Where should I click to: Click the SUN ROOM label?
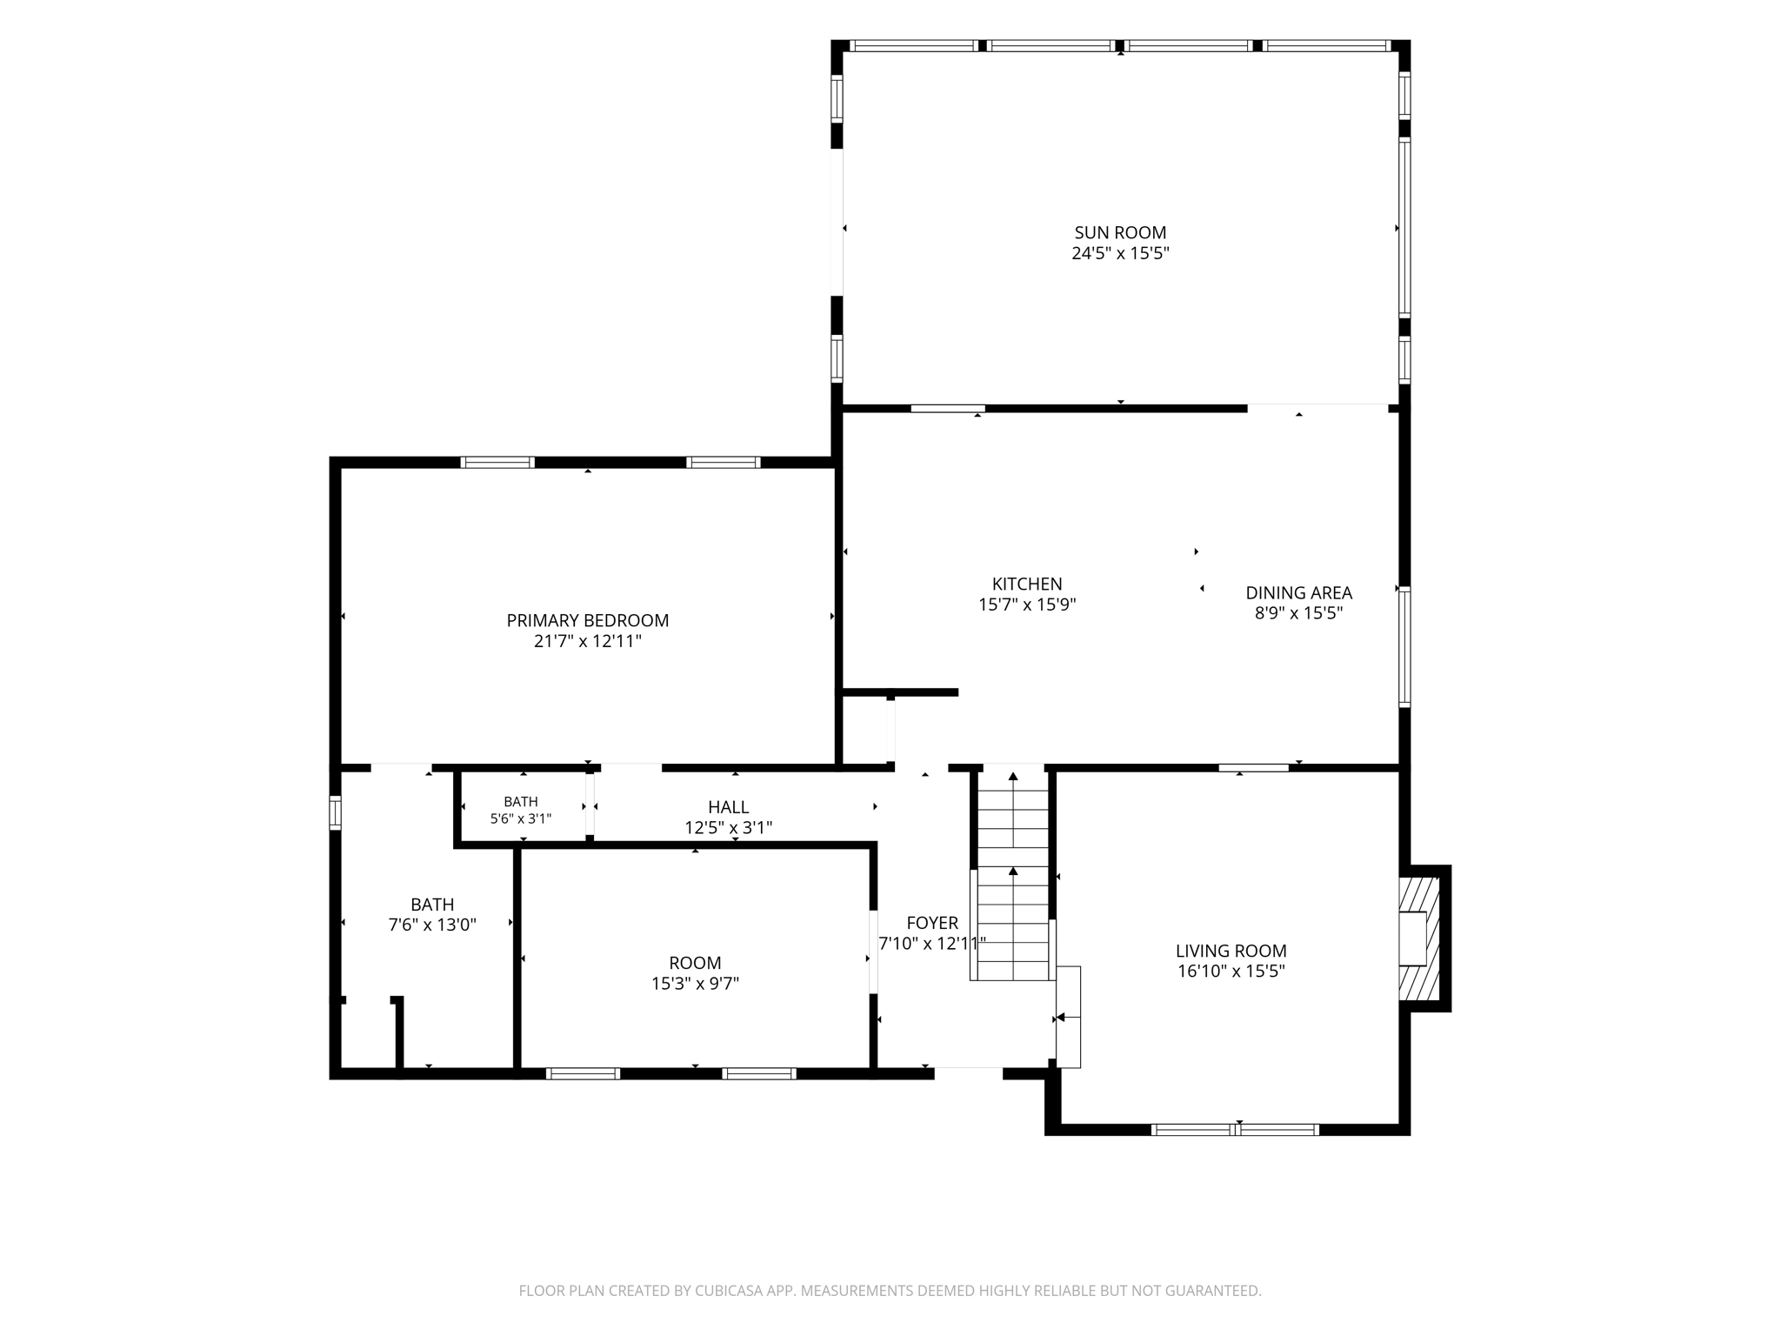click(x=1120, y=232)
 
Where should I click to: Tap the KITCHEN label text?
click(x=1027, y=584)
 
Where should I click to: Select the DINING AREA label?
click(x=1298, y=592)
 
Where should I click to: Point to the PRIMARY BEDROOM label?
click(x=588, y=620)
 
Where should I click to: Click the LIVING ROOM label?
click(x=1231, y=951)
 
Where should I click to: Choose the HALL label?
click(x=728, y=807)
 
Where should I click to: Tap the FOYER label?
click(x=932, y=923)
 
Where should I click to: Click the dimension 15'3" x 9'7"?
click(x=695, y=983)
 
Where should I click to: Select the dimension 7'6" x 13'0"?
click(x=432, y=925)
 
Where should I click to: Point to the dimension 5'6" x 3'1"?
click(x=521, y=818)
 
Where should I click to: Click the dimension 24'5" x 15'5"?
click(x=1120, y=253)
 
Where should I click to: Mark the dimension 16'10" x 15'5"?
click(x=1231, y=971)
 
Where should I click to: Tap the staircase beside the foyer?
click(x=1013, y=873)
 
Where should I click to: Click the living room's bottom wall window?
click(x=1235, y=1130)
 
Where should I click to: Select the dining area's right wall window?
click(x=1404, y=646)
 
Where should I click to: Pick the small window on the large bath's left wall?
click(x=335, y=812)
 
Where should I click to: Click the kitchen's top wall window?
click(x=948, y=408)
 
